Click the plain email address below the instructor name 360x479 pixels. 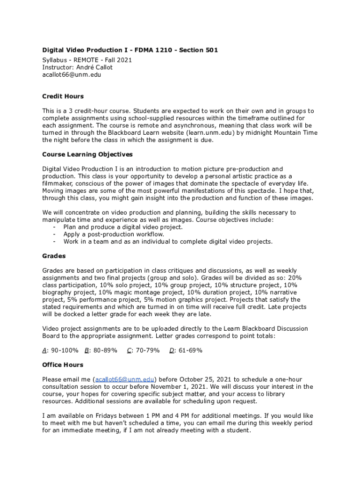pyautogui.click(x=72, y=74)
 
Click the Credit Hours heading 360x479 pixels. pyautogui.click(x=63, y=96)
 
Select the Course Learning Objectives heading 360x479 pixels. pyautogui.click(x=87, y=154)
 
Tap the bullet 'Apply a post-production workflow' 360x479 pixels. pyautogui.click(x=114, y=234)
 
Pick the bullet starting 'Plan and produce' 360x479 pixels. pyautogui.click(x=123, y=227)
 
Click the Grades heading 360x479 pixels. pyautogui.click(x=54, y=256)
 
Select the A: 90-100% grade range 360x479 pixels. pyautogui.click(x=60, y=350)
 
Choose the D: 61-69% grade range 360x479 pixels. pyautogui.click(x=186, y=350)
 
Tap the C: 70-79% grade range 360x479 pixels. pyautogui.click(x=143, y=350)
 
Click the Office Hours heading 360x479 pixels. pyautogui.click(x=63, y=365)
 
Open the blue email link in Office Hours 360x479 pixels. pyautogui.click(x=125, y=379)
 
